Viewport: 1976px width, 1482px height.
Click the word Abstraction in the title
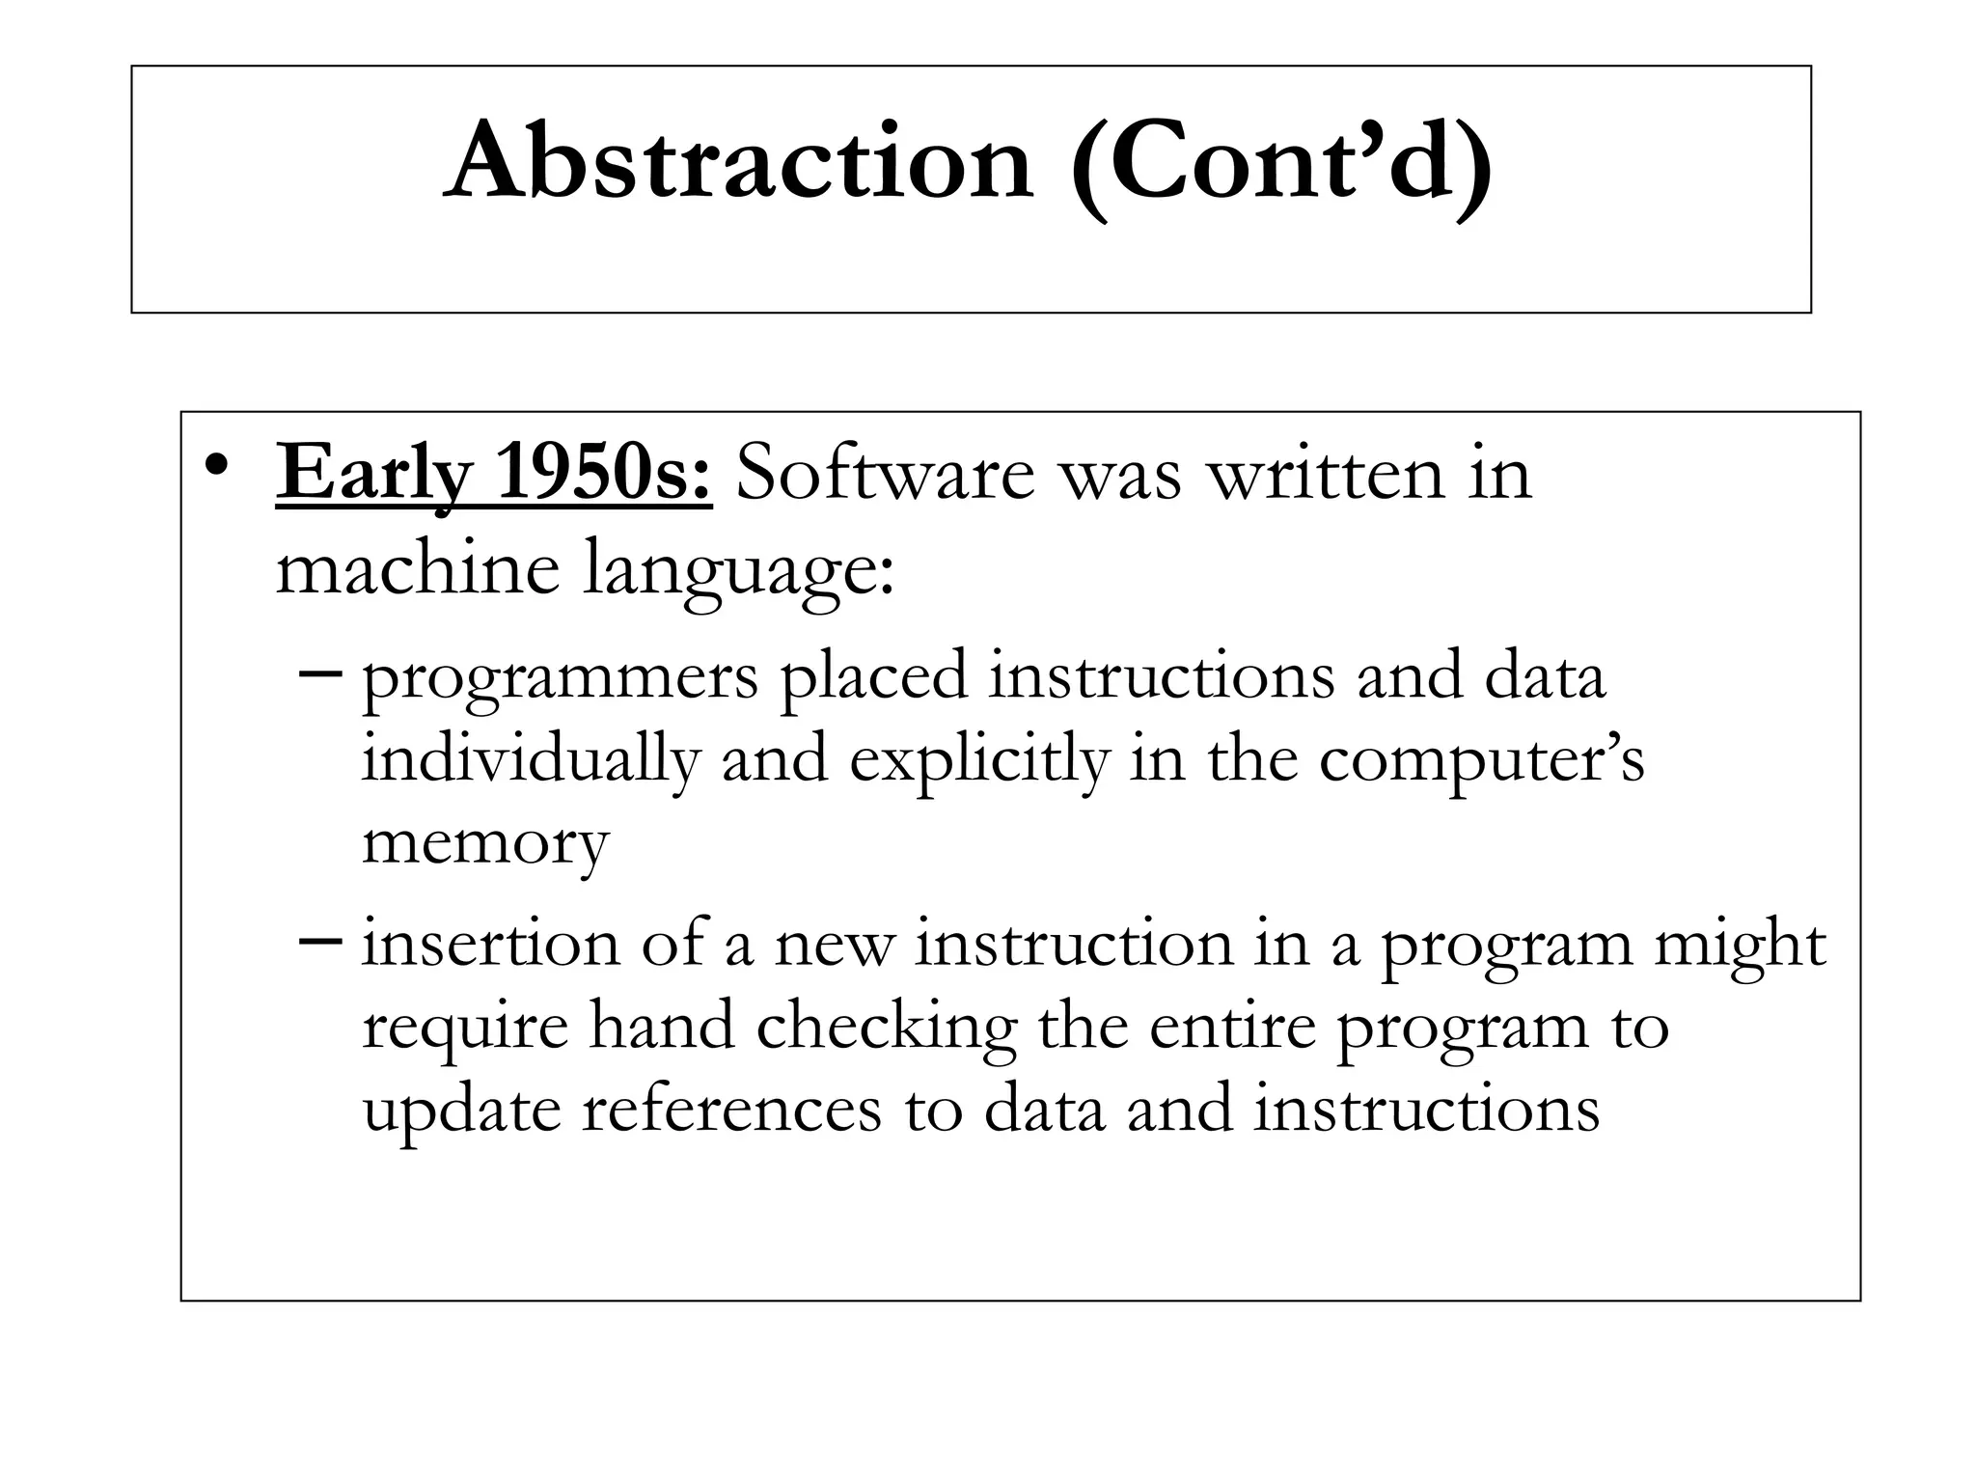tap(739, 162)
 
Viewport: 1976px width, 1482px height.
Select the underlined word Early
tap(374, 477)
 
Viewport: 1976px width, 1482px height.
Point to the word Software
tap(886, 475)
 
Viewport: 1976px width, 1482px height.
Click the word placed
tap(873, 675)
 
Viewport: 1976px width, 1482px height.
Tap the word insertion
tap(491, 943)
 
